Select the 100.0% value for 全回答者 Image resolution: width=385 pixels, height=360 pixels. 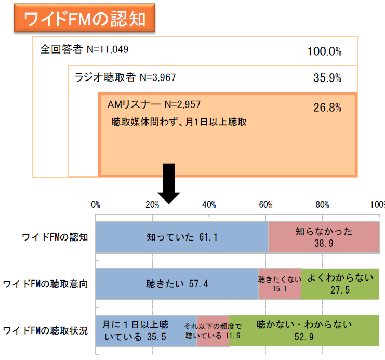pyautogui.click(x=324, y=51)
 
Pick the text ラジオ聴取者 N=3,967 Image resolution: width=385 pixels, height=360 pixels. pyautogui.click(x=125, y=78)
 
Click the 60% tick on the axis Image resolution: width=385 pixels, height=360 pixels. pyautogui.click(x=266, y=204)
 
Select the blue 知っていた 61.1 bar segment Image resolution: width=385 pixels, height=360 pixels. pyautogui.click(x=182, y=237)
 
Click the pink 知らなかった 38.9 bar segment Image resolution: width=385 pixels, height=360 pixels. pyautogui.click(x=324, y=237)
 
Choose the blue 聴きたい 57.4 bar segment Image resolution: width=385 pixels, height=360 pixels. pyautogui.click(x=177, y=284)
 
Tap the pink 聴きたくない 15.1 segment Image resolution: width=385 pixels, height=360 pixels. pyautogui.click(x=280, y=284)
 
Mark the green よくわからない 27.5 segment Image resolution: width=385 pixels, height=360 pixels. pyautogui.click(x=340, y=284)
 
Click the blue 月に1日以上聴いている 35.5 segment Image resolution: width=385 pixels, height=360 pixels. pyautogui.click(x=146, y=331)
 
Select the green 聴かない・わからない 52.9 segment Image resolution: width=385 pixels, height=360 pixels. pyautogui.click(x=304, y=331)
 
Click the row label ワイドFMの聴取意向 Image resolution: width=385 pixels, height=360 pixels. pyautogui.click(x=45, y=284)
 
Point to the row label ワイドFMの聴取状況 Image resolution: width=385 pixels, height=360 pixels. pyautogui.click(x=45, y=331)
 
